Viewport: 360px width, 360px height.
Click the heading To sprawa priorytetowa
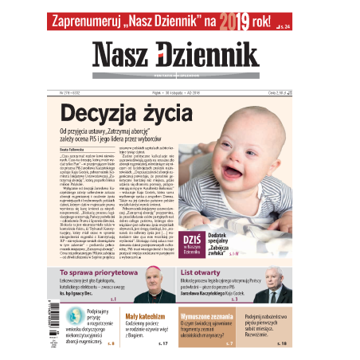point(101,272)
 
